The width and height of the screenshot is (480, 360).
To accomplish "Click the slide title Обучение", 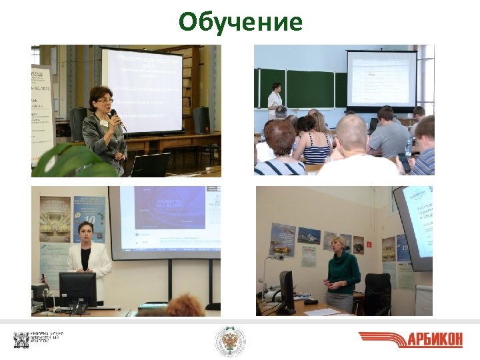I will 240,23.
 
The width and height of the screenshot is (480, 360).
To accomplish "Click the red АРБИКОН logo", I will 410,339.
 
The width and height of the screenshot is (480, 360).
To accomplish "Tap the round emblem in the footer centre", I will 230,341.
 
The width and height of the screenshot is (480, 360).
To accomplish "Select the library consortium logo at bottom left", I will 39,340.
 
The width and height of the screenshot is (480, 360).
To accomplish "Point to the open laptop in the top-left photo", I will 150,165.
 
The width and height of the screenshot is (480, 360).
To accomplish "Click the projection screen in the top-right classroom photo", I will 381,79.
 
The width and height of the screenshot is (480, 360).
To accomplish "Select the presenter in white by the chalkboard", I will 275,100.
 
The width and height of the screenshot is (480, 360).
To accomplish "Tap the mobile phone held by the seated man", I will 405,161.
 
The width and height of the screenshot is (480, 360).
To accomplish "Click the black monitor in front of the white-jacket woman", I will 77,289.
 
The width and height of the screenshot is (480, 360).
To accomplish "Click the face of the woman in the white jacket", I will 85,233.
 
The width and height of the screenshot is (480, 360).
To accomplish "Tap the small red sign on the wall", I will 368,245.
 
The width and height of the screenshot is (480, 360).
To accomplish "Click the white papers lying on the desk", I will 322,311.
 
